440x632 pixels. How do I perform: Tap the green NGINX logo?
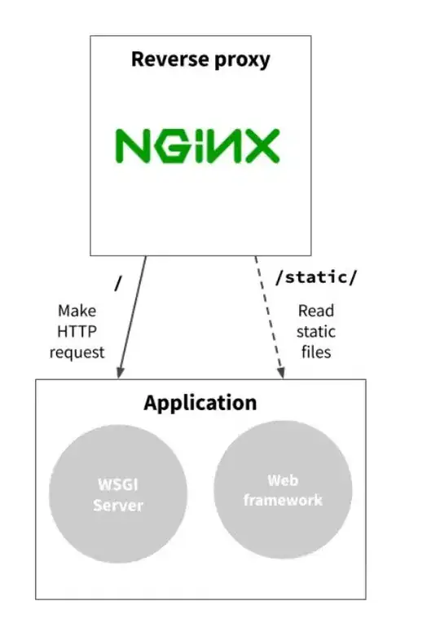pyautogui.click(x=196, y=146)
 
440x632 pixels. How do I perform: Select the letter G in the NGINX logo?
pyautogui.click(x=167, y=146)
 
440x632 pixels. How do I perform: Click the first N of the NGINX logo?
pyautogui.click(x=130, y=146)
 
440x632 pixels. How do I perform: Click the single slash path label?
pyautogui.click(x=120, y=283)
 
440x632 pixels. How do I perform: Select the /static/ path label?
pyautogui.click(x=316, y=277)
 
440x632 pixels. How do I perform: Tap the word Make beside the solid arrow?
pyautogui.click(x=77, y=311)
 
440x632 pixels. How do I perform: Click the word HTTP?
pyautogui.click(x=77, y=331)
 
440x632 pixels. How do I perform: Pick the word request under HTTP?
pyautogui.click(x=77, y=352)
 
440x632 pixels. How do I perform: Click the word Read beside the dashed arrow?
pyautogui.click(x=316, y=311)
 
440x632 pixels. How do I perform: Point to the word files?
pyautogui.click(x=316, y=352)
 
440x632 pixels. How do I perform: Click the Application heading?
pyautogui.click(x=200, y=403)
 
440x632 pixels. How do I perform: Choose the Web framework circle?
pyautogui.click(x=283, y=489)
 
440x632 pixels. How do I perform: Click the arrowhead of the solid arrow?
pyautogui.click(x=120, y=373)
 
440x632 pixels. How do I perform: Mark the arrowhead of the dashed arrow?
pyautogui.click(x=283, y=373)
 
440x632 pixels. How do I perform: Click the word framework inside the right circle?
pyautogui.click(x=283, y=500)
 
